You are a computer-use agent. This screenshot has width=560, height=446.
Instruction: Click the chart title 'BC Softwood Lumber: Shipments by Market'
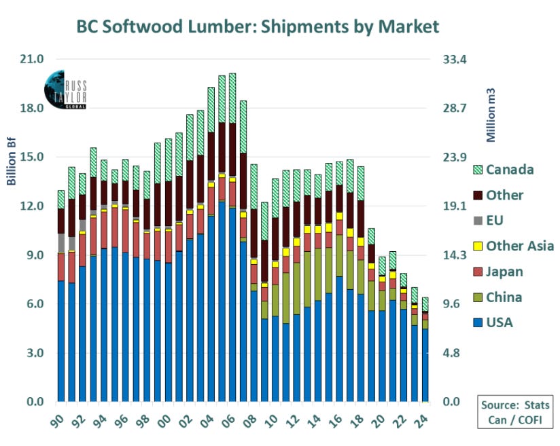258,26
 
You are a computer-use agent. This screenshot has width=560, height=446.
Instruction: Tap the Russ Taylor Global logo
65,89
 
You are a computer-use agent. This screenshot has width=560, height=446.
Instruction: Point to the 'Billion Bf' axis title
12,162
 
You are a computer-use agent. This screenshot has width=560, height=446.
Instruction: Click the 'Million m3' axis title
491,115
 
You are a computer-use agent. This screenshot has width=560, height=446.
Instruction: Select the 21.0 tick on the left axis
32,59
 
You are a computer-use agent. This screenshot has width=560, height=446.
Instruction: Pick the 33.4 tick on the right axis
455,59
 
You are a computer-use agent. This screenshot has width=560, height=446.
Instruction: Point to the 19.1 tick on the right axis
455,206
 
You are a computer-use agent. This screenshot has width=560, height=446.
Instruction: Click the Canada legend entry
503,170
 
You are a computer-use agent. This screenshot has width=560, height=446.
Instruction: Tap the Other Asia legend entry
513,246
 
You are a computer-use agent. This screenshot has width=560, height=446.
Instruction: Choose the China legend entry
497,297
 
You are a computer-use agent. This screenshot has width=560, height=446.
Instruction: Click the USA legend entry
493,322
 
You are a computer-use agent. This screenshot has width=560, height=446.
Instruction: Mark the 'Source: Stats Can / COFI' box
515,412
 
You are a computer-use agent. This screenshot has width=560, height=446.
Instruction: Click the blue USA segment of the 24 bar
425,365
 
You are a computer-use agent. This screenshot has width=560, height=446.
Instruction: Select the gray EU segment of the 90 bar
61,243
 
